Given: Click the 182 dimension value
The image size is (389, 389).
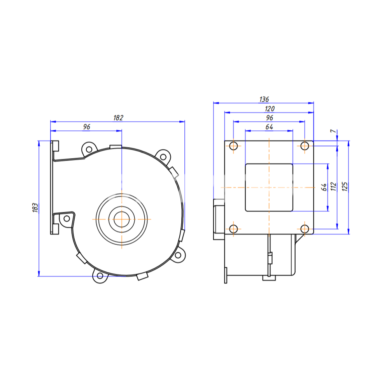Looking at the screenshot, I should click(119, 117).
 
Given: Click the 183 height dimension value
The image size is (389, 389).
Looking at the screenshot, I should click(35, 208).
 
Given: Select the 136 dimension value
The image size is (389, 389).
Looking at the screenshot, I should click(264, 100).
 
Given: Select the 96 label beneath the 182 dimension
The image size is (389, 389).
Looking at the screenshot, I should click(86, 127).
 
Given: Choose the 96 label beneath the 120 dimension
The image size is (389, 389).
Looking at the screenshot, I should click(269, 117).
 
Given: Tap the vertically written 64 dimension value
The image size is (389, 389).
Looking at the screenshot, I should click(324, 187).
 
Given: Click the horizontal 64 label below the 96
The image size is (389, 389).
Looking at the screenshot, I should click(269, 127).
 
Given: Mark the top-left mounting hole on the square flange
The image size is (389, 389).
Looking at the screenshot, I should click(233, 146).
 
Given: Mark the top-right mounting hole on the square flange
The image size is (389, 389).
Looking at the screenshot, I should click(305, 146).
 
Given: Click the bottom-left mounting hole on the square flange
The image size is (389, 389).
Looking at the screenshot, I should click(233, 229).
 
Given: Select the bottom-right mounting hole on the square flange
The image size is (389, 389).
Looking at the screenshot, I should click(305, 229).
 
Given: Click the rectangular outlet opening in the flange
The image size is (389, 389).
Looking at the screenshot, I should click(269, 187).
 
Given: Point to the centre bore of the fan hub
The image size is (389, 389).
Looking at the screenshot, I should click(122, 219).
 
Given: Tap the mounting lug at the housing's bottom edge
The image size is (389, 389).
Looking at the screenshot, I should click(100, 276).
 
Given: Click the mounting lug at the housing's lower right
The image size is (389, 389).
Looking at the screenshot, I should click(179, 255).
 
